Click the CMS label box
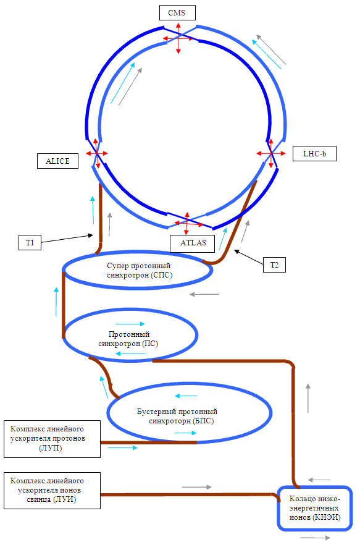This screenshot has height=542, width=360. point(177,13)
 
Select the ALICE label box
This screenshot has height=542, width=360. point(57,161)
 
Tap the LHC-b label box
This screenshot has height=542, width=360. point(314,154)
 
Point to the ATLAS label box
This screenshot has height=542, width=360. point(193,243)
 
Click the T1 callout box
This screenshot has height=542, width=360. point(30,242)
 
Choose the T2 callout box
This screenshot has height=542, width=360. point(274,265)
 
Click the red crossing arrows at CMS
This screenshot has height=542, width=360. point(178,38)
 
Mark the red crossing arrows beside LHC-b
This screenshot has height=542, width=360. point(271,153)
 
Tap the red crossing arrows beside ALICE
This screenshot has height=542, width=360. point(97,153)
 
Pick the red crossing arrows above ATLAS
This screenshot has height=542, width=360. point(187,224)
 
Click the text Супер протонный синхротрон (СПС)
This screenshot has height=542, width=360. point(139,270)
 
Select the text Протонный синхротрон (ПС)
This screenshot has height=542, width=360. point(128,339)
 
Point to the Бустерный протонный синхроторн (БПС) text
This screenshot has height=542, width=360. point(177,416)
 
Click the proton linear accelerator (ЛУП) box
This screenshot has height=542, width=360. point(52,439)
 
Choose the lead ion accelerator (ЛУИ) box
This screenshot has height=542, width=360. point(52,491)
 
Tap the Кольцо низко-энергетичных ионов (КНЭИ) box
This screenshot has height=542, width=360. point(315,508)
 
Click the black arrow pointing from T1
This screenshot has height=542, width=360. point(67,239)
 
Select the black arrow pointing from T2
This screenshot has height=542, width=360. point(248,257)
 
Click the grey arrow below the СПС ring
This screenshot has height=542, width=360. point(204,295)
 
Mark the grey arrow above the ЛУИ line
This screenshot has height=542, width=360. point(196,487)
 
